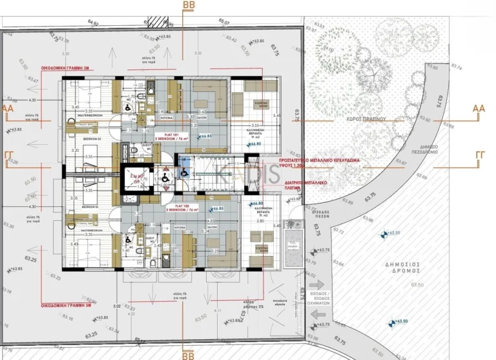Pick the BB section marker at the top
189,5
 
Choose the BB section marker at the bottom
189,355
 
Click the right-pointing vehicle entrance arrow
316,285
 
